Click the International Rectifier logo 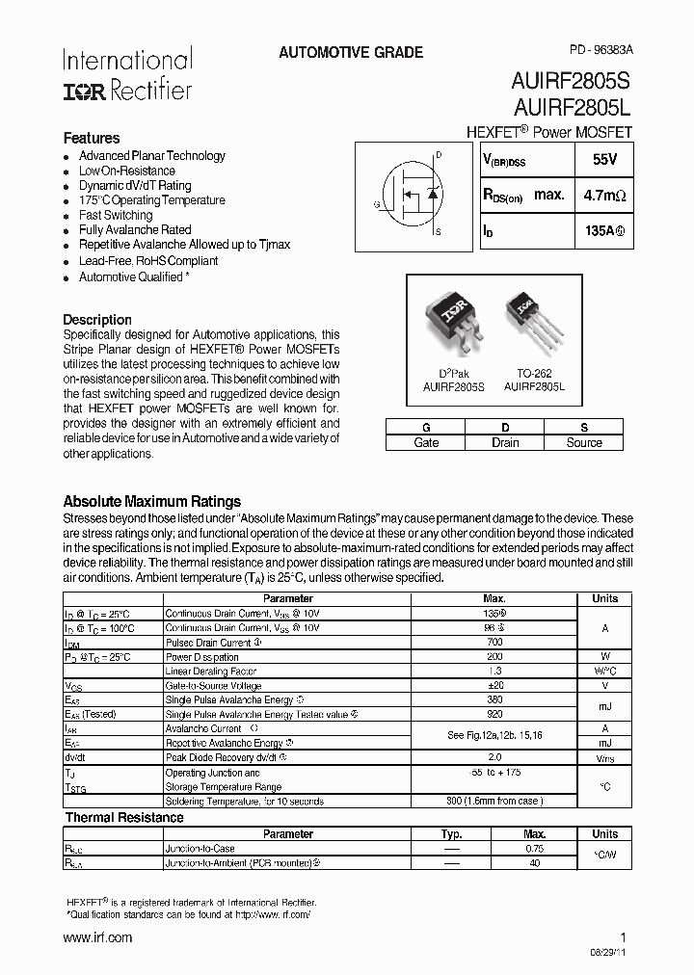pos(127,74)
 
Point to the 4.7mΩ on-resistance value pos(604,196)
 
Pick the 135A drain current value pos(604,232)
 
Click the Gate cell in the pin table pos(426,443)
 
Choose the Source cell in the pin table pos(584,443)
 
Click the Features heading pos(92,138)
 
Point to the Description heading pos(97,320)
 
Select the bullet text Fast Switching pos(116,216)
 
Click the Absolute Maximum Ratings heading pos(151,502)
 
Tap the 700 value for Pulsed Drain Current pos(494,643)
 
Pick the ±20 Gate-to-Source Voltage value pos(494,686)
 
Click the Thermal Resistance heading pos(123,818)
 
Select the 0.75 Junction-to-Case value pos(535,849)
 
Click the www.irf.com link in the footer pos(97,937)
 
